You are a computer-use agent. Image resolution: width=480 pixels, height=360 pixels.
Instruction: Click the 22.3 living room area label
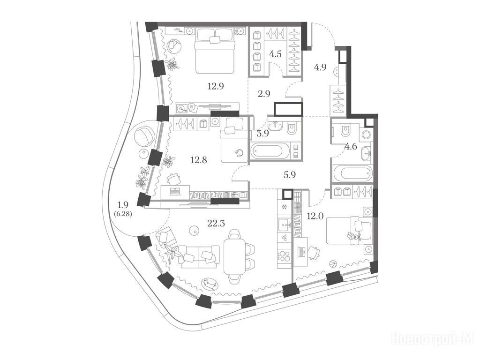216,224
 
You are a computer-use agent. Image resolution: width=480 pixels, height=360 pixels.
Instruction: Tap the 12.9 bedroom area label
216,86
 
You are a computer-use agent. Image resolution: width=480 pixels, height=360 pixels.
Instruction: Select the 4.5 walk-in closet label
275,54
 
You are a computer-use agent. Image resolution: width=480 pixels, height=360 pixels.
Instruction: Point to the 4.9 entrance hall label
320,67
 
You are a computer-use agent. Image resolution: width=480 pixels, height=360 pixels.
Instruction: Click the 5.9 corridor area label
290,175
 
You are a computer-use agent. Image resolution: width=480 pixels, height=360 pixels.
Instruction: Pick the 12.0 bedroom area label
315,217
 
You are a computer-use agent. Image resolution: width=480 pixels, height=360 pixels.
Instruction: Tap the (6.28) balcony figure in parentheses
123,214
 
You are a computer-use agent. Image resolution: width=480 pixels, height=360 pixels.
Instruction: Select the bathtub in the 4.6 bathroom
352,173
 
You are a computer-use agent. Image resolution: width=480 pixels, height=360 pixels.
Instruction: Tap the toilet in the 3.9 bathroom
292,128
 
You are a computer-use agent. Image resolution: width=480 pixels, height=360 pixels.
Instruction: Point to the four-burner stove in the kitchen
285,256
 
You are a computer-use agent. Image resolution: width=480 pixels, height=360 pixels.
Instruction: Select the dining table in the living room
235,256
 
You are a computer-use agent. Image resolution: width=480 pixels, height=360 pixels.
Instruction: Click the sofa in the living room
200,257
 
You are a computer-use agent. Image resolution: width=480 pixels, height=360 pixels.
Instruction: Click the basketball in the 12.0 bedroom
333,264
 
